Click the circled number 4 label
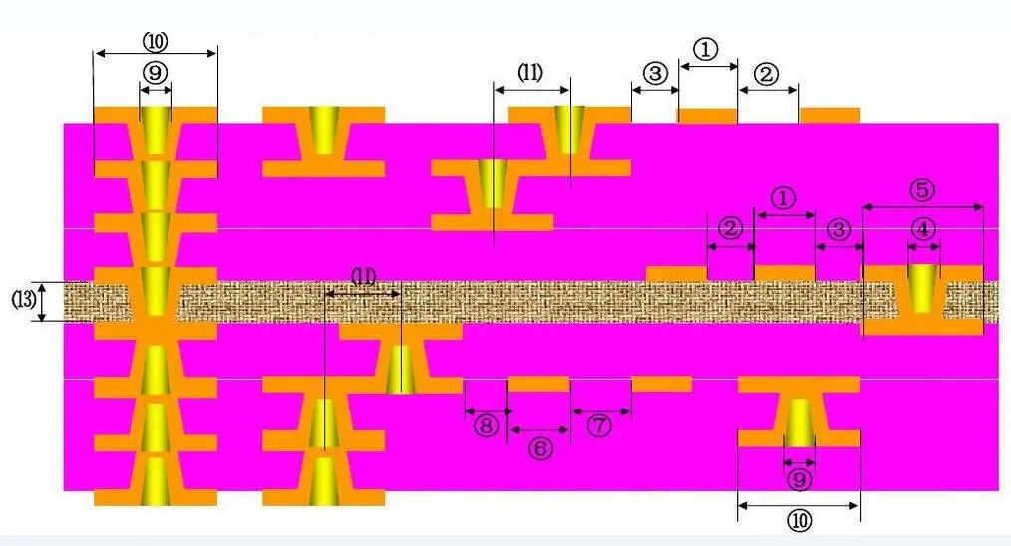point(924,228)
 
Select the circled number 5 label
point(923,189)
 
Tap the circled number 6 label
point(539,449)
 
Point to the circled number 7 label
point(599,426)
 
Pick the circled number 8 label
point(486,426)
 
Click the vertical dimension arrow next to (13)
point(42,301)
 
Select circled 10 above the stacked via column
point(156,41)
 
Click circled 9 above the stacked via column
point(155,73)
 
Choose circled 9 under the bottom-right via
point(799,480)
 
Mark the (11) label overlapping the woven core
point(364,278)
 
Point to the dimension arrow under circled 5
point(923,206)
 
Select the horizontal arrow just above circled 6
point(539,430)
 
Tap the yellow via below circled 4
point(923,287)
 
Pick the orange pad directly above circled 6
point(539,384)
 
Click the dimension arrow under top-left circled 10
point(155,51)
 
